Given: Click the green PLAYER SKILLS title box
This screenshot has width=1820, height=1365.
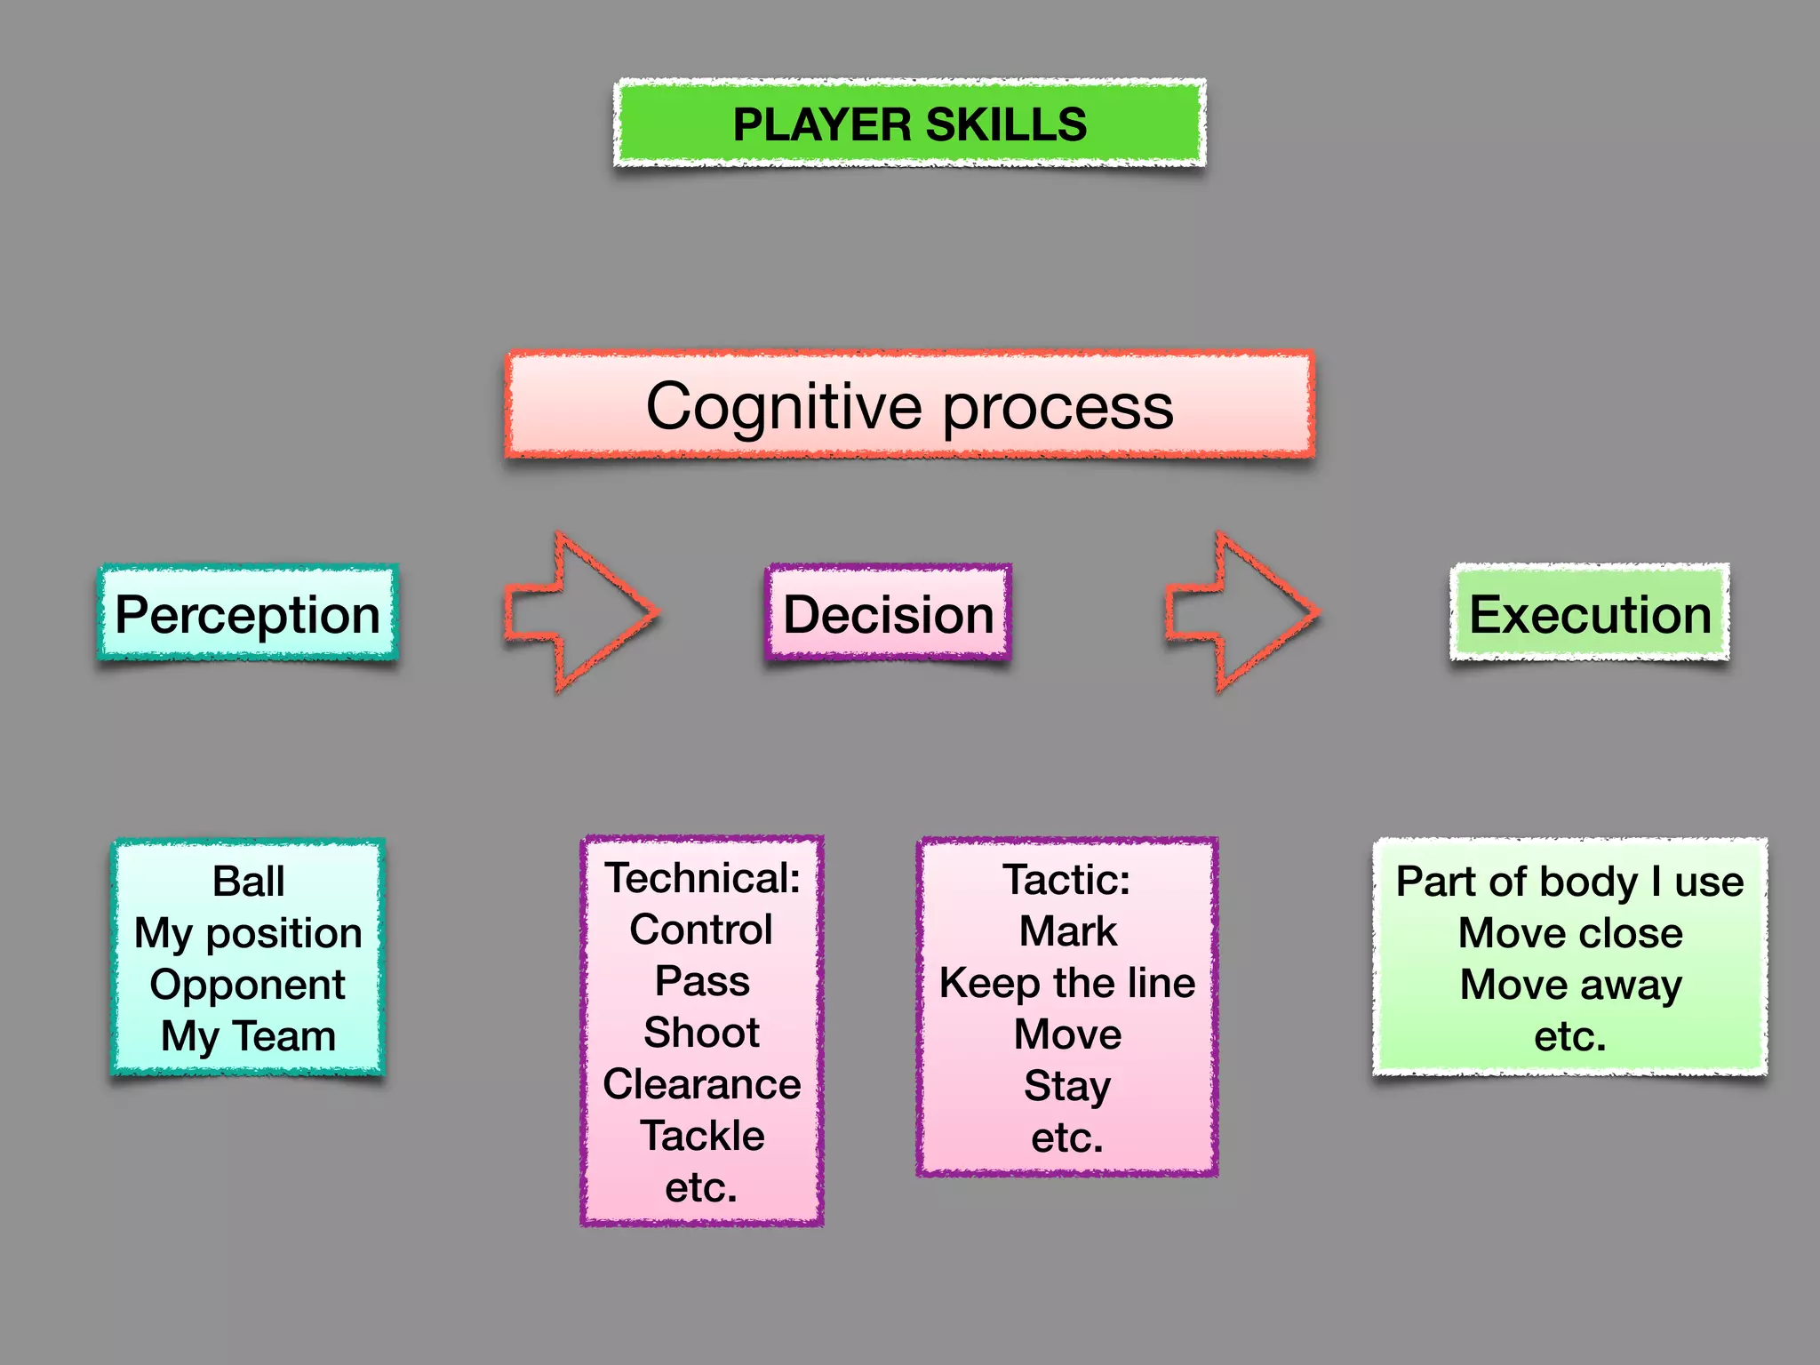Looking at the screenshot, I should point(909,124).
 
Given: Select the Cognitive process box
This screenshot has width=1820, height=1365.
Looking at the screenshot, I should point(909,406).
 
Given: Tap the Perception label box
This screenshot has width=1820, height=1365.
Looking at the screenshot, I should point(248,614).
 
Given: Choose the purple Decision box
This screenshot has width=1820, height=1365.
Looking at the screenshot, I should point(888,614).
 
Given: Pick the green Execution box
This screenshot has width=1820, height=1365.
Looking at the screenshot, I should point(1590,614).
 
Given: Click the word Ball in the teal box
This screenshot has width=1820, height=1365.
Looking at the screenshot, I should point(249,882).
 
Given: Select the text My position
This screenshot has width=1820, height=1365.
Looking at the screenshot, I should point(249,933).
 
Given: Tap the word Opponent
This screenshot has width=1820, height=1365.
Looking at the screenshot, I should point(248,985).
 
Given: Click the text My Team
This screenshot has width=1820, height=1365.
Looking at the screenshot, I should point(249,1036).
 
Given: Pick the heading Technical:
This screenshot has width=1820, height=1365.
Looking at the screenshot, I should point(702,878).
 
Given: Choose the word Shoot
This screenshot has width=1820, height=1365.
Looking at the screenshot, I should point(702,1033).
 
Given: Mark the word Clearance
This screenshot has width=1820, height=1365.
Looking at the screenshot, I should point(702,1084).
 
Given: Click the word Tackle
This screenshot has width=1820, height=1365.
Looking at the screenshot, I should point(702,1136).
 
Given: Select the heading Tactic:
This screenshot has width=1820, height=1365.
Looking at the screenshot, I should point(1067,880).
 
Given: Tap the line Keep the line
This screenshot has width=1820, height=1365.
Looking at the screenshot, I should point(1067,983).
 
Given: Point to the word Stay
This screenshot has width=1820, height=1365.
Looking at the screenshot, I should point(1067,1086).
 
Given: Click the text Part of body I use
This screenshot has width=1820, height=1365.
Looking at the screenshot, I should point(1570,882).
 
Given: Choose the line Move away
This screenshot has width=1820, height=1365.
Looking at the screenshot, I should point(1570,985).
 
